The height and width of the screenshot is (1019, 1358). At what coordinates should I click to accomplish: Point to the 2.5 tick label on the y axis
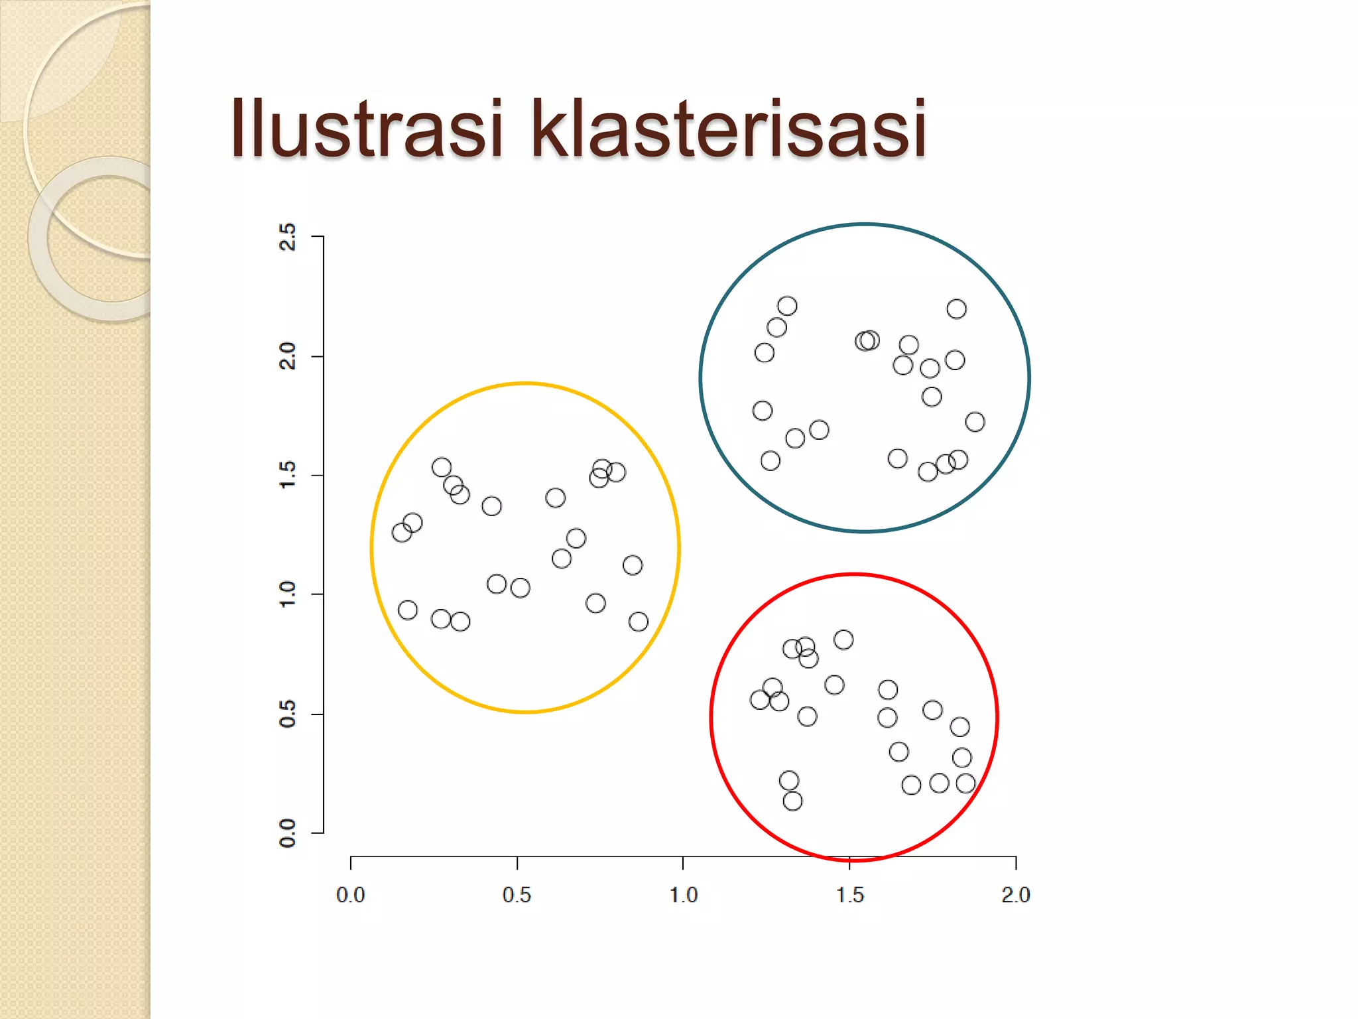pyautogui.click(x=288, y=237)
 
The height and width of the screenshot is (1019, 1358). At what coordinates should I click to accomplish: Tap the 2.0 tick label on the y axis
pyautogui.click(x=288, y=356)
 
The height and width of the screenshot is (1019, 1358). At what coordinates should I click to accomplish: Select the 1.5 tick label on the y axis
pyautogui.click(x=288, y=476)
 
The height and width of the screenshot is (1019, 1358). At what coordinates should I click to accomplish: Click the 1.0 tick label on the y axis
pyautogui.click(x=288, y=594)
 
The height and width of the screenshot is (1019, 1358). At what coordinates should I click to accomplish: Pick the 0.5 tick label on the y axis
pyautogui.click(x=288, y=714)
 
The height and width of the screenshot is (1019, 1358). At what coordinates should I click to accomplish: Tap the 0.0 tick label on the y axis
pyautogui.click(x=288, y=833)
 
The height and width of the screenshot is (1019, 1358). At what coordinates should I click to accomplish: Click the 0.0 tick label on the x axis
pyautogui.click(x=350, y=895)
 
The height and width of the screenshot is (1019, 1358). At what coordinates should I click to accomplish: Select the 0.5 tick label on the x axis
pyautogui.click(x=517, y=895)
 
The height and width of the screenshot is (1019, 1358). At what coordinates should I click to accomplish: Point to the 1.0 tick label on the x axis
pyautogui.click(x=683, y=895)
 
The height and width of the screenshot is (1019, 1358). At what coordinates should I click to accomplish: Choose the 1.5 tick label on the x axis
pyautogui.click(x=849, y=895)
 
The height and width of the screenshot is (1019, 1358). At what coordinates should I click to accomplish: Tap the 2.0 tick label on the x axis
pyautogui.click(x=1015, y=895)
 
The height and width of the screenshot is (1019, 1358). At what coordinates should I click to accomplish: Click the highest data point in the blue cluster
pyautogui.click(x=787, y=306)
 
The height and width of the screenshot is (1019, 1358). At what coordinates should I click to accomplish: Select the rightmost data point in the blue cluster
pyautogui.click(x=975, y=422)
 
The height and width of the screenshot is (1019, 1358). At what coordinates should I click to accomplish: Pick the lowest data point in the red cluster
pyautogui.click(x=792, y=801)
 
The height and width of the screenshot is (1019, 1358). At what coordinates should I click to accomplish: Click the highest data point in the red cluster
pyautogui.click(x=843, y=640)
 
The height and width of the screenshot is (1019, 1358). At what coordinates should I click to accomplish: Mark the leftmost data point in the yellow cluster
pyautogui.click(x=402, y=532)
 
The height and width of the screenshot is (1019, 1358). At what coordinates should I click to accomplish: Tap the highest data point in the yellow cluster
pyautogui.click(x=442, y=467)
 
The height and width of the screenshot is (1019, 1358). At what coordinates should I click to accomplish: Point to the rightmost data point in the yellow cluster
pyautogui.click(x=639, y=622)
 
